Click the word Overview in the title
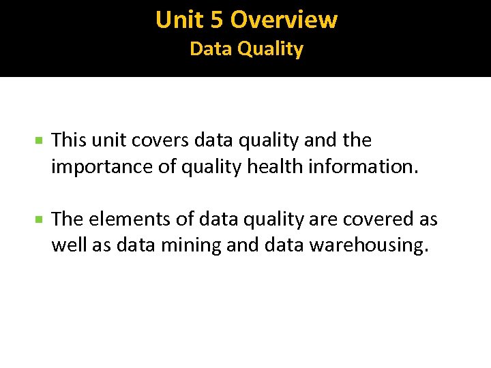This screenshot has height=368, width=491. point(284,20)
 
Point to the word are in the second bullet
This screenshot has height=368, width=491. point(318,219)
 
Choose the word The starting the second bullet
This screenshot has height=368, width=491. point(67,219)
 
